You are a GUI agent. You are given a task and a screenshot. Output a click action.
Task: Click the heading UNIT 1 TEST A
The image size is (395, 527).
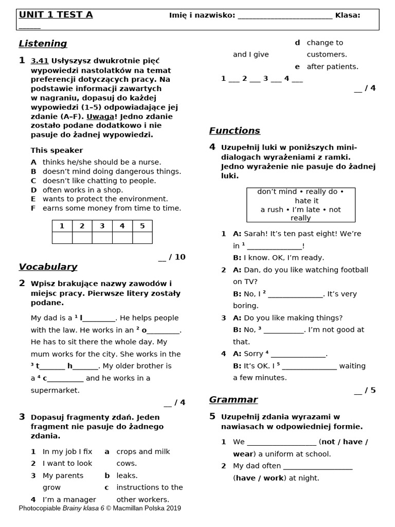(x=56, y=15)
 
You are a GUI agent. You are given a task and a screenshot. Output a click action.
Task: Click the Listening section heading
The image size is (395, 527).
(x=43, y=44)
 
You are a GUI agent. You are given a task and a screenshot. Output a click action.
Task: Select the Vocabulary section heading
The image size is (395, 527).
(x=48, y=267)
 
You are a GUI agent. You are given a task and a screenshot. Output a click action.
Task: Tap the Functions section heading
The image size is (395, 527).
(x=235, y=131)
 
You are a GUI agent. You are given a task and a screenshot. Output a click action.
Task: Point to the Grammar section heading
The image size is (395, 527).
(x=233, y=400)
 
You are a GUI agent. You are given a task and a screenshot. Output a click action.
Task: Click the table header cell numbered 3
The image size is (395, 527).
(x=102, y=226)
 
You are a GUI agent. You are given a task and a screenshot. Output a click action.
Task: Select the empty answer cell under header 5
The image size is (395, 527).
(x=142, y=237)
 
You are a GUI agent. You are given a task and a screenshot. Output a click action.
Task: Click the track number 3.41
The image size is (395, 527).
(x=39, y=61)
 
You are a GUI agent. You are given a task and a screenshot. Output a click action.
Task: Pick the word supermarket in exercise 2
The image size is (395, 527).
(x=55, y=390)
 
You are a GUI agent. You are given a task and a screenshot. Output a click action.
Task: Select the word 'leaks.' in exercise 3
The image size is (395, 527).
(x=127, y=476)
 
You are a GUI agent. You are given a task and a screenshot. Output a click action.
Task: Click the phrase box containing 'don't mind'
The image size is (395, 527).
(x=300, y=204)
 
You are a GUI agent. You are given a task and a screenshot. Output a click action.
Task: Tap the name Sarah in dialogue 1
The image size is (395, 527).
(x=255, y=234)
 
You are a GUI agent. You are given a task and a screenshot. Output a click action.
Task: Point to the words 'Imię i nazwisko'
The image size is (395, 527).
(x=202, y=15)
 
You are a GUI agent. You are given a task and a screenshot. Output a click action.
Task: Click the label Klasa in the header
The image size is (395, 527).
(x=347, y=15)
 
